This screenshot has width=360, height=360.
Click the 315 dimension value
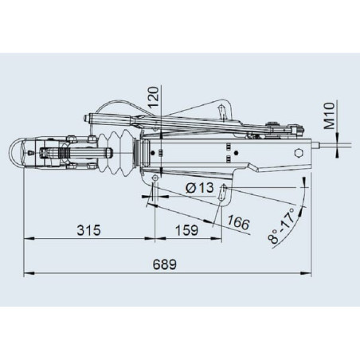click(x=88, y=230)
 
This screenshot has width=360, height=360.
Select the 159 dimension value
click(x=187, y=230)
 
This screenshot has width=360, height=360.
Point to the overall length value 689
click(x=165, y=264)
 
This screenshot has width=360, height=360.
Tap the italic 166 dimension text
click(x=238, y=222)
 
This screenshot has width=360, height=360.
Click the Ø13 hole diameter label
click(x=200, y=188)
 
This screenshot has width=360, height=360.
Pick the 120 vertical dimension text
click(x=154, y=96)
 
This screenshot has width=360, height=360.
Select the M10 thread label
click(x=329, y=115)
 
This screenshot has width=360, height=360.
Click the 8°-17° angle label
click(x=282, y=226)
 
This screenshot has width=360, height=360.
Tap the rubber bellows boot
click(x=116, y=153)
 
